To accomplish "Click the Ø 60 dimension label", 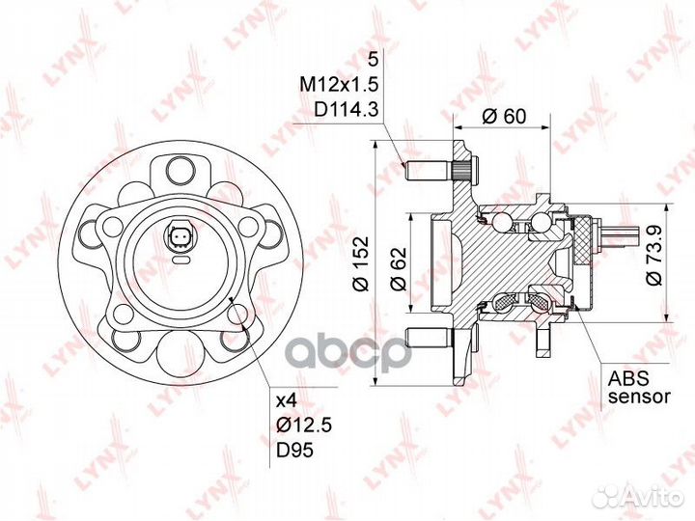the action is click(x=504, y=116).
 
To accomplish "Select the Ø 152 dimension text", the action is click(x=361, y=263).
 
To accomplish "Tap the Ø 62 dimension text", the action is click(x=399, y=268).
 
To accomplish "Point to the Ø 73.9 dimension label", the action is click(x=653, y=255).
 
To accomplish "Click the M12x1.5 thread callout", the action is click(x=339, y=84).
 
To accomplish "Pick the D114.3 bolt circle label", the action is click(x=347, y=109).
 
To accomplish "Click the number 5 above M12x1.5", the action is click(x=374, y=59).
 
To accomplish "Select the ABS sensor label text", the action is click(x=639, y=387).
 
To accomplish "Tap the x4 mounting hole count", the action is click(x=286, y=401).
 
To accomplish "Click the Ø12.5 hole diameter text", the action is click(x=304, y=425).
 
